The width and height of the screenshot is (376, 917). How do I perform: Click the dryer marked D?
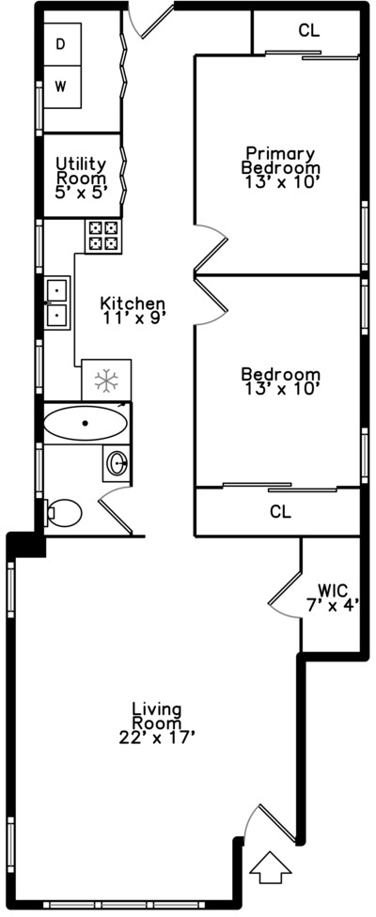click(x=62, y=44)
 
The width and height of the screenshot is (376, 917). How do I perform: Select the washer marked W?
click(x=62, y=87)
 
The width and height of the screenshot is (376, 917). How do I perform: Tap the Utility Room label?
click(x=81, y=178)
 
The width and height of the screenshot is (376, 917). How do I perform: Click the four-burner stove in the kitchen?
click(x=103, y=236)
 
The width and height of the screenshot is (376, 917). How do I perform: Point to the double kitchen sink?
click(x=57, y=303)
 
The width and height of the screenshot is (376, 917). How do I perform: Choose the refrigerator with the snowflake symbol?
click(x=106, y=381)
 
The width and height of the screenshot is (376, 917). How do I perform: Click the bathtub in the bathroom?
click(x=86, y=423)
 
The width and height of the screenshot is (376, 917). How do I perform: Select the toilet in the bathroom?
click(x=63, y=513)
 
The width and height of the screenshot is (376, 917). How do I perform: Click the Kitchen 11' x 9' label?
click(x=133, y=310)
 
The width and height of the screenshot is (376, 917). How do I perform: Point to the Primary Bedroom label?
click(x=280, y=167)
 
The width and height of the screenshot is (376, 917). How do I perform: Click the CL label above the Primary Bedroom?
click(x=308, y=30)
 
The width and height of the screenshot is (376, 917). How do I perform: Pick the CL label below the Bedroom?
click(x=281, y=512)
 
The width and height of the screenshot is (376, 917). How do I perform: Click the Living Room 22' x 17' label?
click(x=157, y=724)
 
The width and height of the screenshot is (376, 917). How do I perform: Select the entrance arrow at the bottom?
click(x=270, y=865)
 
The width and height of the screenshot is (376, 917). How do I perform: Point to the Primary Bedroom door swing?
click(x=210, y=249)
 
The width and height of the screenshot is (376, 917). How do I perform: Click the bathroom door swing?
click(x=115, y=509)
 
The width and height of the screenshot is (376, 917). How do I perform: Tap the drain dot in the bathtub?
click(x=86, y=423)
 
